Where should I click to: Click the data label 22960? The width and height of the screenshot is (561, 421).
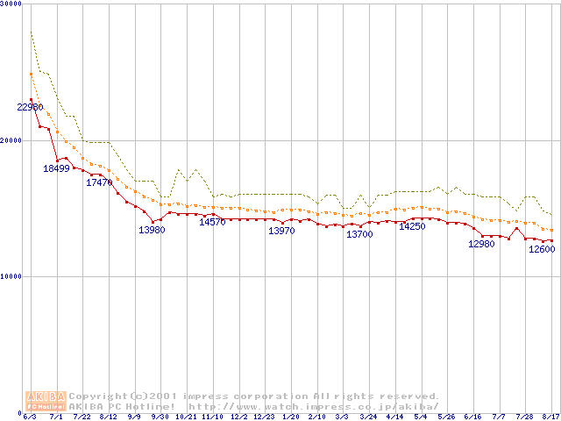click(30, 107)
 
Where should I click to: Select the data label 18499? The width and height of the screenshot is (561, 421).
click(56, 168)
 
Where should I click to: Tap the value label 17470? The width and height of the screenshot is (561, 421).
click(99, 182)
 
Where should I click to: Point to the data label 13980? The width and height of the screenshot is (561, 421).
click(152, 230)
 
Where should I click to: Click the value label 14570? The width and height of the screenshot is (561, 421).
click(212, 222)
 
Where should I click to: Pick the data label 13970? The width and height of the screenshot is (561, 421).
click(281, 231)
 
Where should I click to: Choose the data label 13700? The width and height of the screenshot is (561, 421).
click(359, 234)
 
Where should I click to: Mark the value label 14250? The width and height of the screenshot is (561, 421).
click(412, 226)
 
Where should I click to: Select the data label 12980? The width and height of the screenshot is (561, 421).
click(482, 244)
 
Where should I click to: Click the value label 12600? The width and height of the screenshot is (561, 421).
click(542, 249)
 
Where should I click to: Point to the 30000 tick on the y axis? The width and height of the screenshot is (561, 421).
click(12, 4)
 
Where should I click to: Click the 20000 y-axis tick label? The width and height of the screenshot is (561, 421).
click(12, 140)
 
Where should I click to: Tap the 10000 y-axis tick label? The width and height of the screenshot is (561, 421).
click(12, 276)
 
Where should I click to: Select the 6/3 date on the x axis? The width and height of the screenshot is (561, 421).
click(30, 417)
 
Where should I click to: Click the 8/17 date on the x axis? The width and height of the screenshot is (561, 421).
click(550, 417)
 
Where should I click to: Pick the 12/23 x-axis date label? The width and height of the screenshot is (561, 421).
click(265, 417)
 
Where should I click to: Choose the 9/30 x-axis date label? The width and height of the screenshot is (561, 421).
click(160, 417)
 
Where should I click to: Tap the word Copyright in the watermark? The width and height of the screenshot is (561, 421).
click(96, 396)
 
